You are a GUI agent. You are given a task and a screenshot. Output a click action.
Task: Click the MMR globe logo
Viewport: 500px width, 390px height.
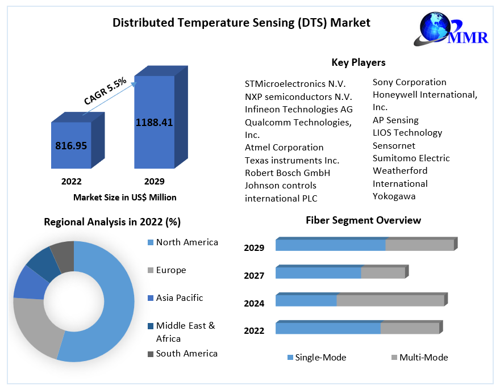[x=453, y=28]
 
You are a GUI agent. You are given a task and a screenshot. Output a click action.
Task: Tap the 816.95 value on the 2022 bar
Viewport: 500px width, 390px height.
[x=71, y=145]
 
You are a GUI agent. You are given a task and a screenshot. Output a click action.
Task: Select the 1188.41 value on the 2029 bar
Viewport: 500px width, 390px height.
[x=154, y=122]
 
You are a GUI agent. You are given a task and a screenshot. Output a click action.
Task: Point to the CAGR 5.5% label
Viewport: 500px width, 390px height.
[x=105, y=91]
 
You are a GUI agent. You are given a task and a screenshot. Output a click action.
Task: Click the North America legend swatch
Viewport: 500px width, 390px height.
[x=150, y=242]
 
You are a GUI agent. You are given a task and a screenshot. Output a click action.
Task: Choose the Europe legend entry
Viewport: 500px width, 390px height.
[x=170, y=270]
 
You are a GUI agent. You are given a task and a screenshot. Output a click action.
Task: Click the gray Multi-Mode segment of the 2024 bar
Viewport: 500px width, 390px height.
[x=390, y=300]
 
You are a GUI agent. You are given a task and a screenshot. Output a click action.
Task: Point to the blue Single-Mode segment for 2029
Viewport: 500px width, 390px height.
[x=330, y=245]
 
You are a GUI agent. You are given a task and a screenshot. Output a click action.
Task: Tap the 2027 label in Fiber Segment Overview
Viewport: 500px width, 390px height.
[x=254, y=275]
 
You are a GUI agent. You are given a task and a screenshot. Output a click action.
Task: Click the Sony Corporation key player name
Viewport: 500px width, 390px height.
[x=409, y=82]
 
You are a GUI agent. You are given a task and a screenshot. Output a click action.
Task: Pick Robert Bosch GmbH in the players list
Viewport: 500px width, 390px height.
[x=287, y=173]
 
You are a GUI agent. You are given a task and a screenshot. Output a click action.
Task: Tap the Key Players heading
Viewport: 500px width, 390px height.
[x=358, y=62]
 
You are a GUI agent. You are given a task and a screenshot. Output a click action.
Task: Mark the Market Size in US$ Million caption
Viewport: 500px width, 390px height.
[x=125, y=198]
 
